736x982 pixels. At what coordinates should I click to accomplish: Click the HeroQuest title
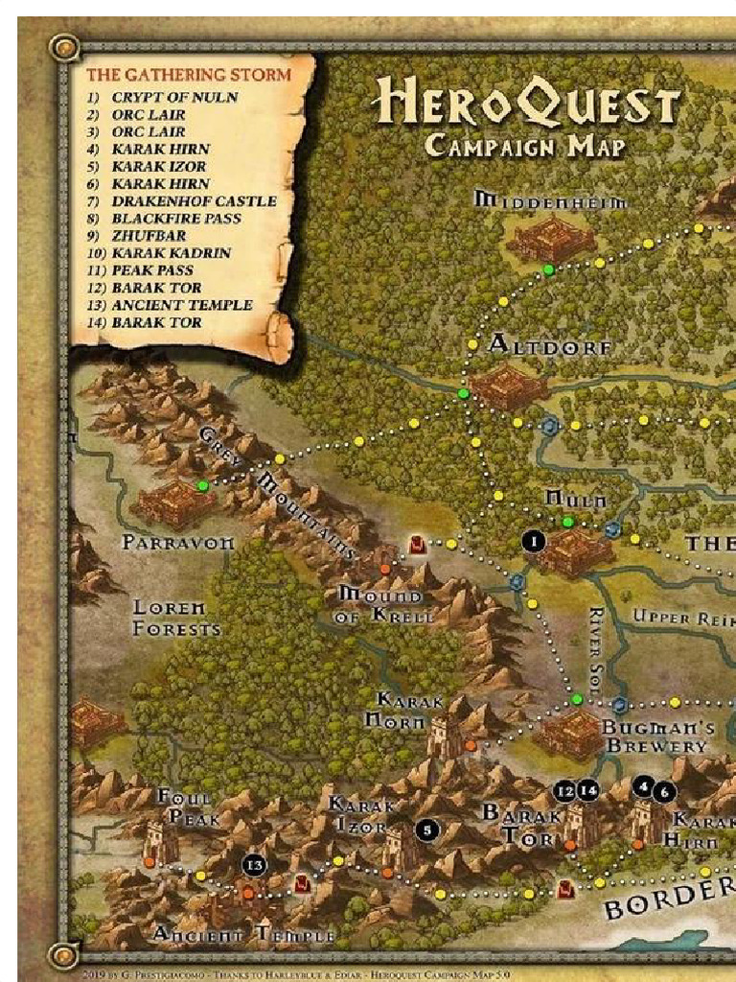click(528, 100)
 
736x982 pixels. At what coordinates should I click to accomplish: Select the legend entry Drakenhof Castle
click(194, 201)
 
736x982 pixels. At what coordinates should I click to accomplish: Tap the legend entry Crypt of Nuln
click(174, 98)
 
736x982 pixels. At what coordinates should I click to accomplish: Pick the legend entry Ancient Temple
click(181, 305)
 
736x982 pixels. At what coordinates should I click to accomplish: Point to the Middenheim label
click(551, 201)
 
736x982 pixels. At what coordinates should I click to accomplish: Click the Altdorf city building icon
click(507, 386)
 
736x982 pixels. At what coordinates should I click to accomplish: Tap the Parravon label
click(178, 543)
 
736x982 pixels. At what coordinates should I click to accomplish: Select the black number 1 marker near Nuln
click(534, 542)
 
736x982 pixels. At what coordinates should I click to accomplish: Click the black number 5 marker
click(427, 830)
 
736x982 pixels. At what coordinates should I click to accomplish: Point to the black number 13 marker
click(253, 864)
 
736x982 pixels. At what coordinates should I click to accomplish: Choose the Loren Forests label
click(176, 619)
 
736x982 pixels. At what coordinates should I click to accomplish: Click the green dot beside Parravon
click(203, 486)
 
